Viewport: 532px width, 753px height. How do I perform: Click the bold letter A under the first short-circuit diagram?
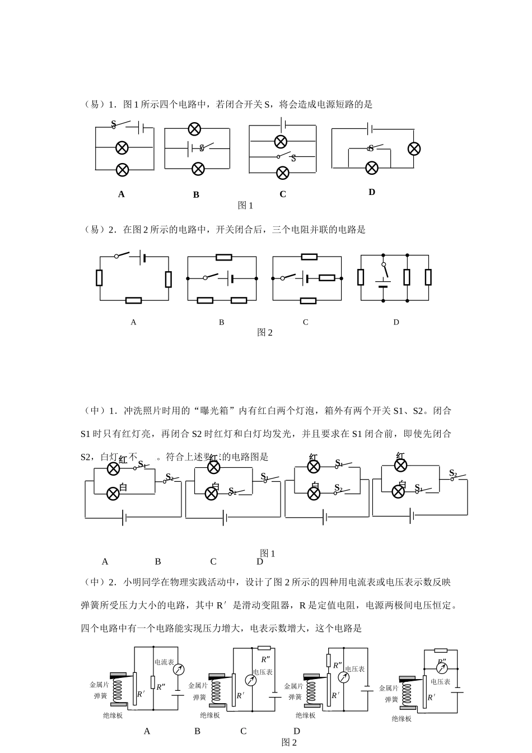(121, 194)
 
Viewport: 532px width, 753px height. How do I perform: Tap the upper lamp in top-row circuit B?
(194, 129)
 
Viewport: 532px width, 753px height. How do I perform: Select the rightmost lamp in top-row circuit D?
(414, 148)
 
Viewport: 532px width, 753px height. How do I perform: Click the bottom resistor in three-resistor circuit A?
(133, 300)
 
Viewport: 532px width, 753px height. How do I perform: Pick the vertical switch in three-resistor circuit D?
(384, 270)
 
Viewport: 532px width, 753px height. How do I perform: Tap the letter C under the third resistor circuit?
(305, 322)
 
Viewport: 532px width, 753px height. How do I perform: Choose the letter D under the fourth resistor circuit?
(396, 322)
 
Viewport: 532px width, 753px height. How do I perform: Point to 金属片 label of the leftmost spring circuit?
(99, 685)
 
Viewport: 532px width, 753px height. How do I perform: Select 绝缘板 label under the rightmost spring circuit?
(402, 719)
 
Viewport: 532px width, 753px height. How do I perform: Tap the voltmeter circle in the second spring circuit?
(251, 680)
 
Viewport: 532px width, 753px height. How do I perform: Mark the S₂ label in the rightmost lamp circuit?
(453, 474)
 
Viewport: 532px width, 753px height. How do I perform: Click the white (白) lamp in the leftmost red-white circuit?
(113, 492)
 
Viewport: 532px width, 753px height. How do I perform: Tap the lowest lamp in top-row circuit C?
(283, 173)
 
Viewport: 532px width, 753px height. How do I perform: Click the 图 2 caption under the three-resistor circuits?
(264, 332)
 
